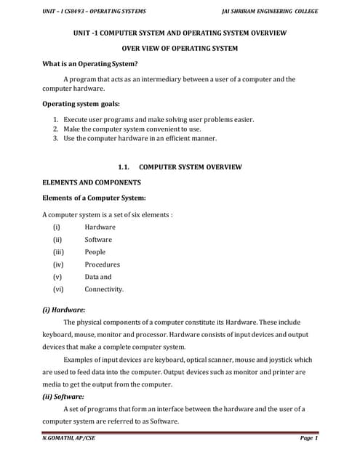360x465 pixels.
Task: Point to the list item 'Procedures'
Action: (102, 264)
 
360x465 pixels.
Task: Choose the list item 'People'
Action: (95, 252)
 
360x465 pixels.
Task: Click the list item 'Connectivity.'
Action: (104, 289)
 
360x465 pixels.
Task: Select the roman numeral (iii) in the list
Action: (58, 252)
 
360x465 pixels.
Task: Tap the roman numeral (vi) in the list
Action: (58, 289)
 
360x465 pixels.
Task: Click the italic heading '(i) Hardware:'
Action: (64, 309)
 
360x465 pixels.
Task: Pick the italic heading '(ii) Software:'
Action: (64, 397)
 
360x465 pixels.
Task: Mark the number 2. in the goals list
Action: (55, 129)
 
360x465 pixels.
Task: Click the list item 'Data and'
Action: (98, 277)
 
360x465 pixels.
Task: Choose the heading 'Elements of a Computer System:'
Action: (95, 198)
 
